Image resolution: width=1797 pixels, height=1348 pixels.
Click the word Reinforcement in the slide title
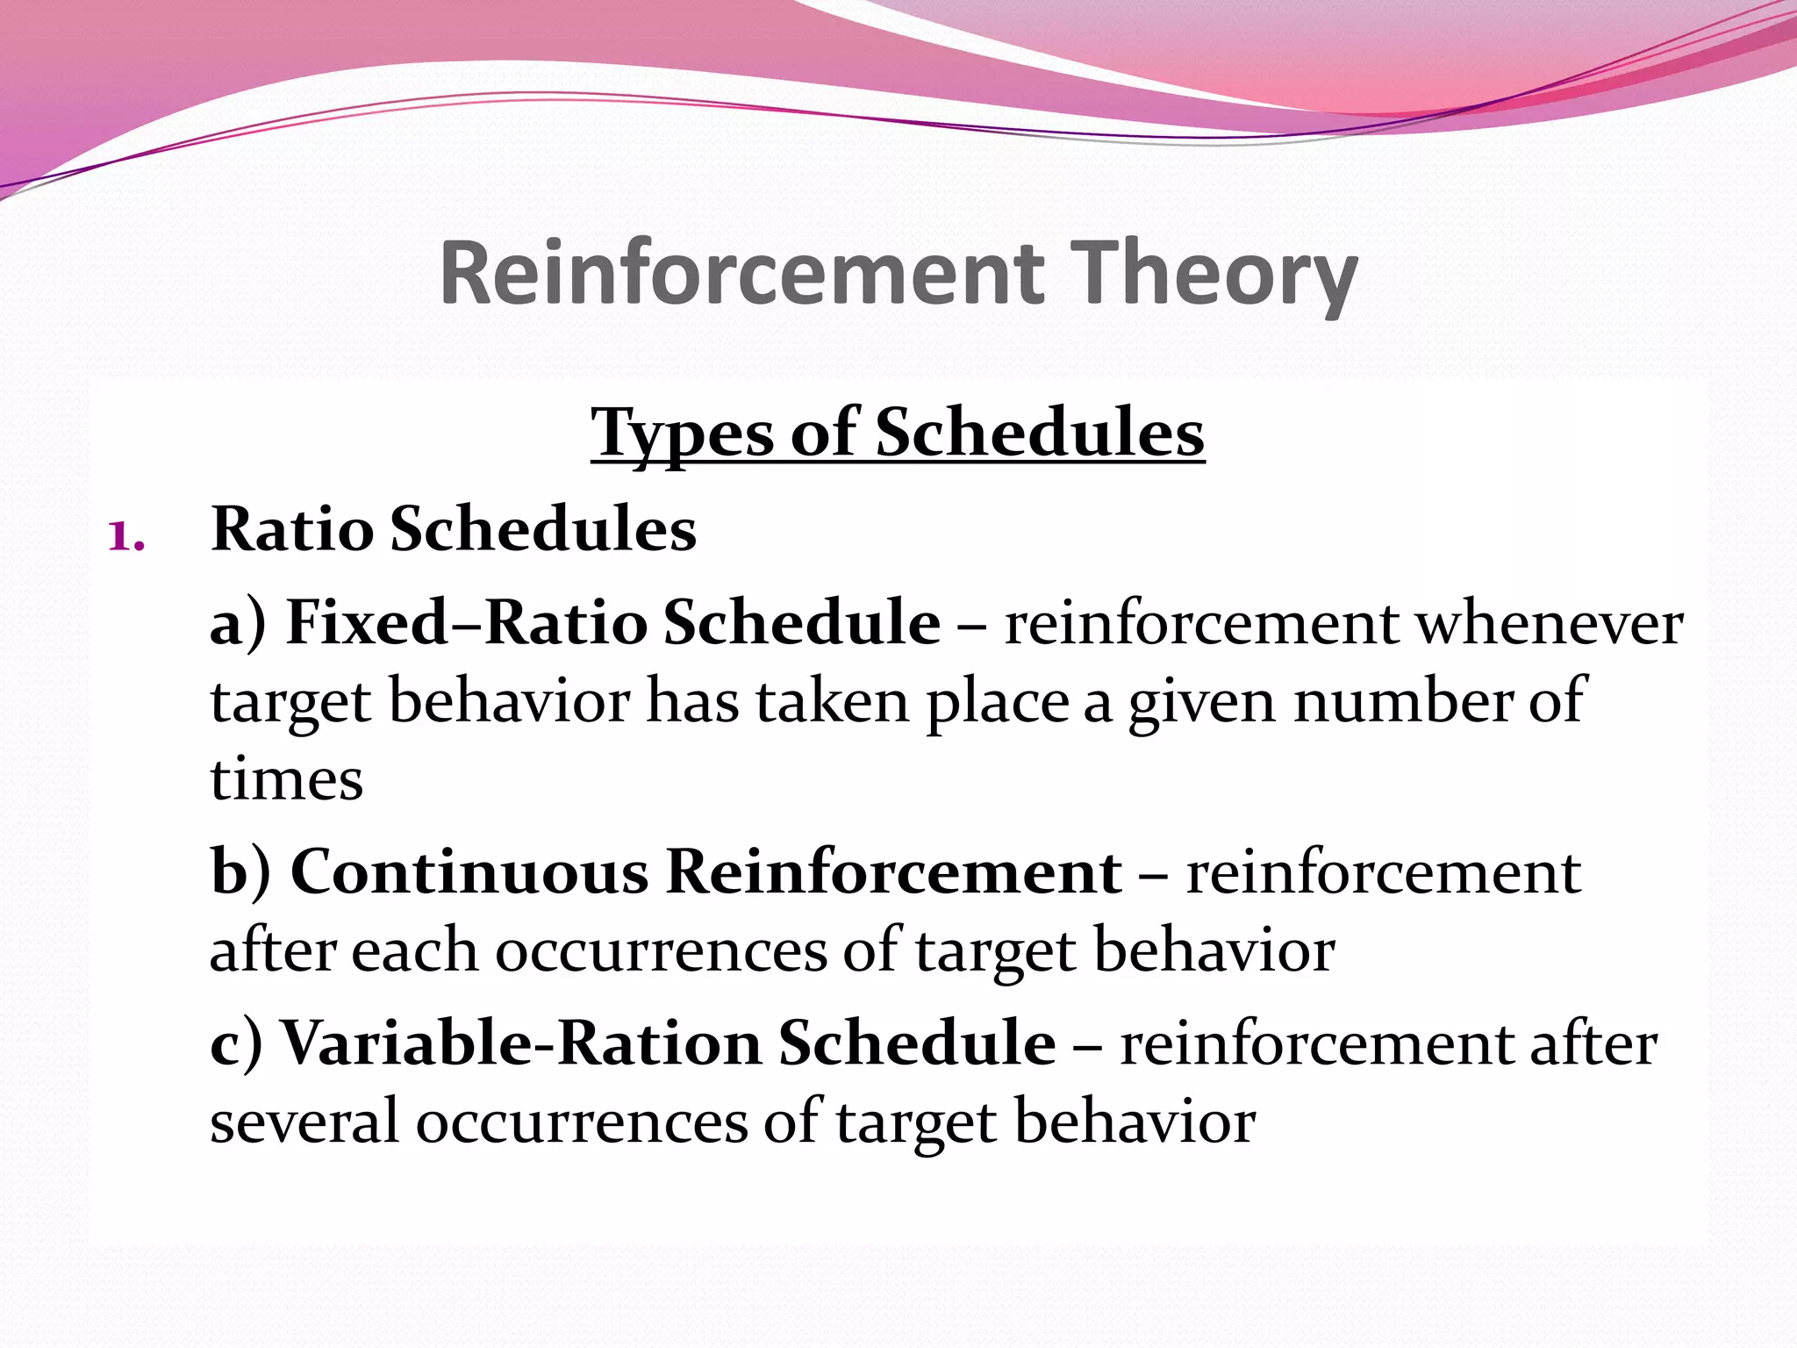coord(741,274)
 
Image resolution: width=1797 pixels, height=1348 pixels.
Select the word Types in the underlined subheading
coord(683,433)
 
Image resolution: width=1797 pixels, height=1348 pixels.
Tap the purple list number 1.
coord(125,534)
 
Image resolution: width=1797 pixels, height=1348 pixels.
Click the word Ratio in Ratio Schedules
coord(292,529)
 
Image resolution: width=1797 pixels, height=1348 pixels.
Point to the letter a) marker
coord(238,623)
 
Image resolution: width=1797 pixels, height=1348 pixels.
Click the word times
coord(286,779)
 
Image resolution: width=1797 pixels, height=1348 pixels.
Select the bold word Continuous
coord(469,872)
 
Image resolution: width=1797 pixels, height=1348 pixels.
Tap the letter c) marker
coord(236,1043)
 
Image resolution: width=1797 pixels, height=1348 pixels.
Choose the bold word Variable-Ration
coord(521,1043)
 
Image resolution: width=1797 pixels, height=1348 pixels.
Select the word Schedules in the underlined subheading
coord(1040,433)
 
